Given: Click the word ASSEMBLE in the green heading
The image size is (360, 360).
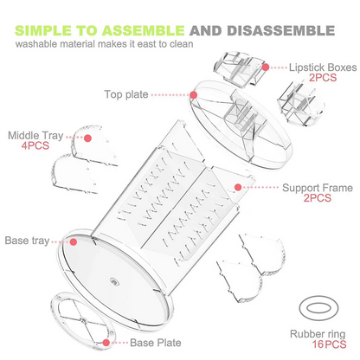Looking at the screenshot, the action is pyautogui.click(x=143, y=30).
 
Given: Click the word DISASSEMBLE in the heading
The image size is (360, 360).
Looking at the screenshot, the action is pyautogui.click(x=280, y=30).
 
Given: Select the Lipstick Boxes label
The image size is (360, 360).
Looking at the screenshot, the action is pyautogui.click(x=323, y=67).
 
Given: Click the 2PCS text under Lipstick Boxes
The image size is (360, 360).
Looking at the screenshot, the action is pyautogui.click(x=323, y=78).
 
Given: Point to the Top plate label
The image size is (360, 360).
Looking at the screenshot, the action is pyautogui.click(x=126, y=94).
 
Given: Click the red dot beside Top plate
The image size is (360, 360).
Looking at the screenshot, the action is pyautogui.click(x=194, y=95).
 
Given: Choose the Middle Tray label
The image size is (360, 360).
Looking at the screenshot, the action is pyautogui.click(x=35, y=135).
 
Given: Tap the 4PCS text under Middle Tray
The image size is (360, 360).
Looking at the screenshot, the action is pyautogui.click(x=35, y=145).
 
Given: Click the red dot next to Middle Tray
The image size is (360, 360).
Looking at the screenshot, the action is pyautogui.click(x=88, y=138).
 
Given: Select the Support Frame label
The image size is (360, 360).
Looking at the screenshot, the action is pyautogui.click(x=318, y=188).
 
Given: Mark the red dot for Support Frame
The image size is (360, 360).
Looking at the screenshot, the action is pyautogui.click(x=238, y=187).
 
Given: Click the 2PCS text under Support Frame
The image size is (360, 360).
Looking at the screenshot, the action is pyautogui.click(x=318, y=198).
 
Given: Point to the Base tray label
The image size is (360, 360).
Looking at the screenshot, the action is pyautogui.click(x=27, y=241).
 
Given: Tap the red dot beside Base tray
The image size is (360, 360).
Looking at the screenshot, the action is pyautogui.click(x=74, y=241).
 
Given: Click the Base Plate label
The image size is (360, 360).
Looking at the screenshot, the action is pyautogui.click(x=156, y=343).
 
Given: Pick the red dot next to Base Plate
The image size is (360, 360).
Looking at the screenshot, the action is pyautogui.click(x=106, y=343).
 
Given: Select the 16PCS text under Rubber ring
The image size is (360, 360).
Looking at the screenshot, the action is pyautogui.click(x=329, y=344).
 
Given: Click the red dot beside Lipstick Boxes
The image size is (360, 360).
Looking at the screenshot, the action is pyautogui.click(x=266, y=67).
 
